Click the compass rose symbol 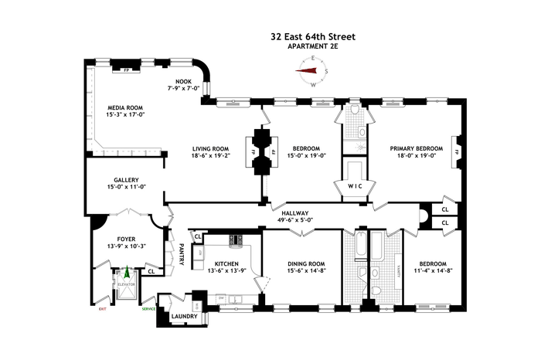pyautogui.click(x=313, y=73)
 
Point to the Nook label pyautogui.click(x=185, y=81)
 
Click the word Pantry pyautogui.click(x=182, y=256)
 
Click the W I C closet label pyautogui.click(x=354, y=186)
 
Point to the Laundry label pyautogui.click(x=184, y=316)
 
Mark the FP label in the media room pyautogui.click(x=125, y=70)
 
